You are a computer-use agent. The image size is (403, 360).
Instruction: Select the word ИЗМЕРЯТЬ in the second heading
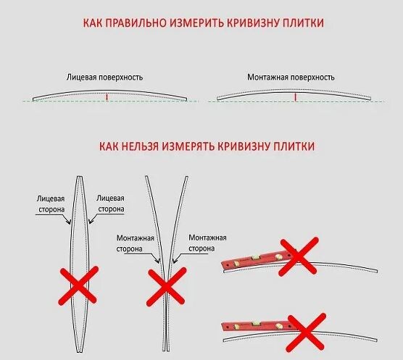click(200, 146)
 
